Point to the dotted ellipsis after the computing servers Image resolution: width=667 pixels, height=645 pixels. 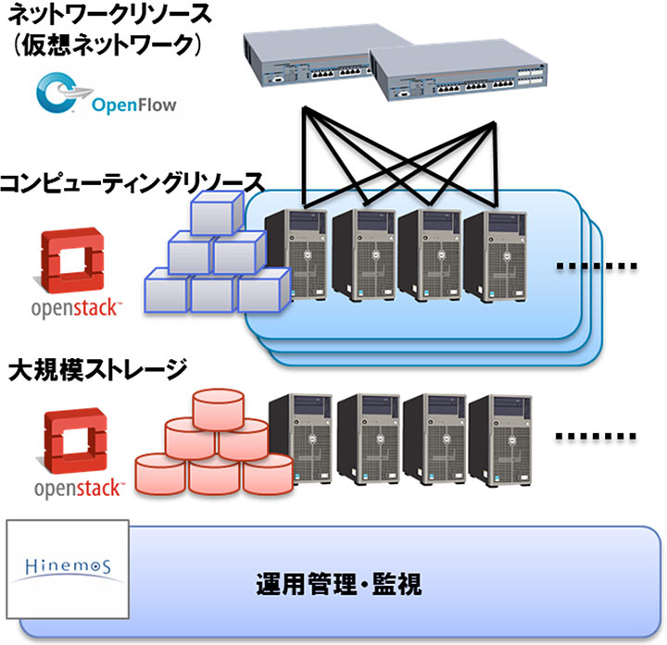(597, 267)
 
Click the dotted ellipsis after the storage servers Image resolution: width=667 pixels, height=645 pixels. (597, 434)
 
